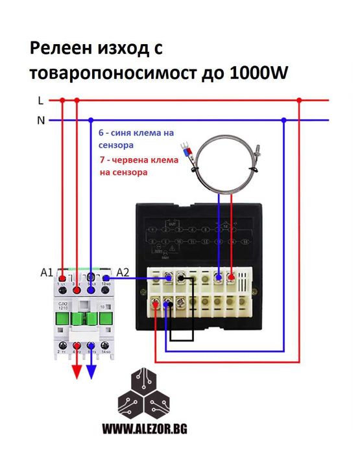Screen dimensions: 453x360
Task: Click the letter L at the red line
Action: tap(40, 100)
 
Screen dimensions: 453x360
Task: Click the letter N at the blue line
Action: tap(40, 121)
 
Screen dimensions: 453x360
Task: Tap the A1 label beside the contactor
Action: tap(45, 273)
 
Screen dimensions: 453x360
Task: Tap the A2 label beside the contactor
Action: tap(123, 273)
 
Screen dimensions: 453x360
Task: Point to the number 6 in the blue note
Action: tap(101, 132)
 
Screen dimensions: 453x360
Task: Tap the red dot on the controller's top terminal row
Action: tap(230, 278)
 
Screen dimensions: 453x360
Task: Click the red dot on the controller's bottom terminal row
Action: tap(156, 303)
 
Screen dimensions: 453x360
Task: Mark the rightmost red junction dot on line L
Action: tap(299, 100)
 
